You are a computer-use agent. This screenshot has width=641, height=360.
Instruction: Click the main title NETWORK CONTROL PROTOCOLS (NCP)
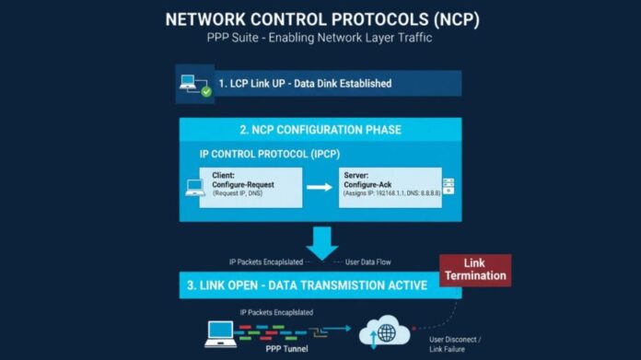[x=320, y=19]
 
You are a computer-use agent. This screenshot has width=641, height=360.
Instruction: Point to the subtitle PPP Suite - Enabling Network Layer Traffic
[x=320, y=39]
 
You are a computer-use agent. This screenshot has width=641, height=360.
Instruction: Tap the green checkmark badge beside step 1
[x=206, y=90]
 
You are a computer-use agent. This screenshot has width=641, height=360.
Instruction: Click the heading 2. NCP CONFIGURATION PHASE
[x=320, y=130]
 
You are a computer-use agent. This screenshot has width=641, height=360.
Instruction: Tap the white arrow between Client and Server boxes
[x=319, y=186]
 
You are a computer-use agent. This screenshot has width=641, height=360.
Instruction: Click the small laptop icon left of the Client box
[x=194, y=187]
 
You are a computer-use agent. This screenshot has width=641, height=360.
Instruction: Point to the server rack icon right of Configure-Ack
[x=449, y=186]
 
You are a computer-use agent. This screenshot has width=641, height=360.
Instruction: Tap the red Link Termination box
[x=474, y=270]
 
